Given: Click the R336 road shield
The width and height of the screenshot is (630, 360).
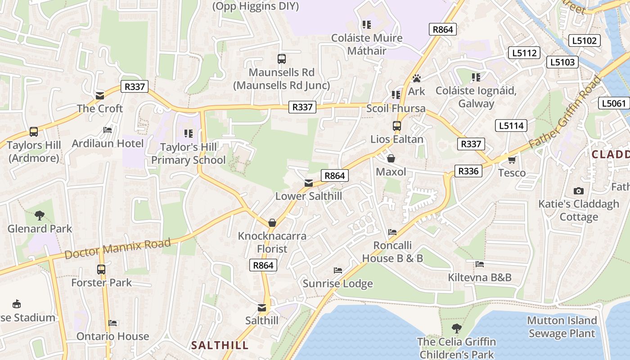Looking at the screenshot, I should pyautogui.click(x=468, y=171).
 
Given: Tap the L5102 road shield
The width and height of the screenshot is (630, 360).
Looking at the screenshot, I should pyautogui.click(x=584, y=40).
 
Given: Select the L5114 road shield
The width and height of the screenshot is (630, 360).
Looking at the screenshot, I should pyautogui.click(x=511, y=126).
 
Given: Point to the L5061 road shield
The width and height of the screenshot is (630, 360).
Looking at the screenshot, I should pyautogui.click(x=615, y=103).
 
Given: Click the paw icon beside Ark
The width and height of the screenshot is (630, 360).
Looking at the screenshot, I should pyautogui.click(x=416, y=78).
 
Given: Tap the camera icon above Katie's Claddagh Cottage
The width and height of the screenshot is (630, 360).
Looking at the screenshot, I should pyautogui.click(x=579, y=191).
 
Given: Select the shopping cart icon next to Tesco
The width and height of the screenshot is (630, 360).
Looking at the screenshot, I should pyautogui.click(x=512, y=160).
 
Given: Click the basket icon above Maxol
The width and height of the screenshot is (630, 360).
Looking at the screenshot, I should pyautogui.click(x=391, y=158).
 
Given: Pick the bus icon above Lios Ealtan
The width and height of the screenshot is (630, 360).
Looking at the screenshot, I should pyautogui.click(x=396, y=126).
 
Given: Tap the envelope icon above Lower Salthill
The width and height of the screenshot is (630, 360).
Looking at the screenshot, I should pyautogui.click(x=308, y=183).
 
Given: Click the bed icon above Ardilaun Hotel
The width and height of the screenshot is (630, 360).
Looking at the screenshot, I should pyautogui.click(x=108, y=130).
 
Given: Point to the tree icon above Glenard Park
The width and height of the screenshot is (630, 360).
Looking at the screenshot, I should pyautogui.click(x=40, y=216).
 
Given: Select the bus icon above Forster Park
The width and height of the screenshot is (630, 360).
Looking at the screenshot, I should pyautogui.click(x=101, y=270).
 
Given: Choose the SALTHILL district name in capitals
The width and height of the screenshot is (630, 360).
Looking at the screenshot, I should pyautogui.click(x=220, y=346).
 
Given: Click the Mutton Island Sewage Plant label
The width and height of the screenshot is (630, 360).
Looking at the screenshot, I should pyautogui.click(x=562, y=327).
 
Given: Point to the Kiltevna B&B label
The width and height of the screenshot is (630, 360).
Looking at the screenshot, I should pyautogui.click(x=480, y=277).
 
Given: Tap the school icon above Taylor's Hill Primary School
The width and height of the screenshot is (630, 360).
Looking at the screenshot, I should pyautogui.click(x=189, y=134).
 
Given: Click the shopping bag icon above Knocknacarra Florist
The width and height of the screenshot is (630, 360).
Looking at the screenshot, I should pyautogui.click(x=272, y=223).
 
